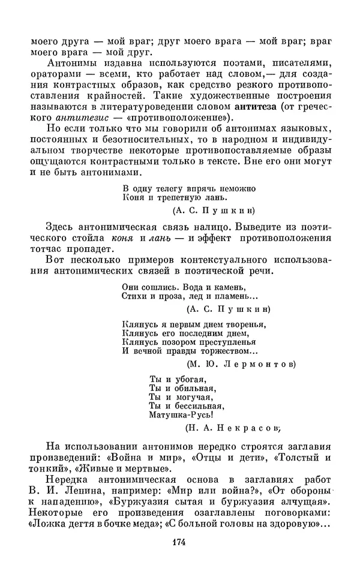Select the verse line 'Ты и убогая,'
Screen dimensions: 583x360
tap(177, 379)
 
